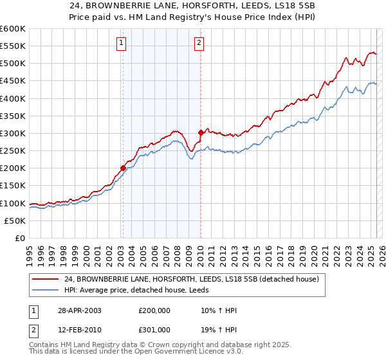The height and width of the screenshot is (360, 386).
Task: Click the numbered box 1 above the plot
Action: pos(122,44)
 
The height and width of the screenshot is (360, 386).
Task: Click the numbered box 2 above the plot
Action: pos(199,44)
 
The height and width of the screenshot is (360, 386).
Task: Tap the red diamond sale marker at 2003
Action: pos(123,168)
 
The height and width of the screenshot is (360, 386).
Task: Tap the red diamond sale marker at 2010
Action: pos(201,133)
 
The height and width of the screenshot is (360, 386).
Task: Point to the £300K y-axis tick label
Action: pos(13,133)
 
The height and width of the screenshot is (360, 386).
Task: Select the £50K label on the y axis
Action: pos(15,221)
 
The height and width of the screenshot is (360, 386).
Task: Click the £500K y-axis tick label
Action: pos(13,64)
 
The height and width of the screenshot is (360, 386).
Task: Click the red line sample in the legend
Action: pos(47,279)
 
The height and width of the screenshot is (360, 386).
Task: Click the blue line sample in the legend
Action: pos(47,291)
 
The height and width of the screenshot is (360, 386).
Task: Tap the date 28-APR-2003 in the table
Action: pos(78,310)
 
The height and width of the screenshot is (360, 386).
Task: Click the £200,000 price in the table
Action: pos(154,310)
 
